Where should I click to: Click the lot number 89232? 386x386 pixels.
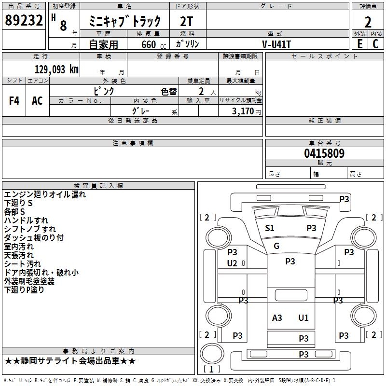[24, 20]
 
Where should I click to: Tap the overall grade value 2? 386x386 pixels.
[368, 22]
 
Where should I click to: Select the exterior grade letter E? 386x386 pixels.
[359, 44]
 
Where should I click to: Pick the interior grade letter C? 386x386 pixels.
[375, 44]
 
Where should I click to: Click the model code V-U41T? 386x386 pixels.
[276, 44]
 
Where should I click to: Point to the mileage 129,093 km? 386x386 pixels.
[56, 69]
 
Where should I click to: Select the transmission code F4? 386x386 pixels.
[14, 101]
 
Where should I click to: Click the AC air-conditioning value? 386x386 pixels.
[37, 101]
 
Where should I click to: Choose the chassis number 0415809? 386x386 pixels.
[324, 153]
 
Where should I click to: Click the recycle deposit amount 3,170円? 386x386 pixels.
[246, 111]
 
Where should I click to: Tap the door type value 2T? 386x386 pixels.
[186, 22]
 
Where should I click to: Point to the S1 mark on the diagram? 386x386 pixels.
[270, 228]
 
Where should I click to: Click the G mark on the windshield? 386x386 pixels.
[276, 246]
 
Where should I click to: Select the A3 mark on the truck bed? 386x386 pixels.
[277, 318]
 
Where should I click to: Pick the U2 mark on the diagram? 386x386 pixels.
[232, 263]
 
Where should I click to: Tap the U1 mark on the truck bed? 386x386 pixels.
[303, 318]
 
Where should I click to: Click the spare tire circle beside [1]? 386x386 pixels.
[212, 354]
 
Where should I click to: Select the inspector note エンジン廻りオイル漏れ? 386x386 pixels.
[45, 194]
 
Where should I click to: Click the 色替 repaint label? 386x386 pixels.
[169, 92]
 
